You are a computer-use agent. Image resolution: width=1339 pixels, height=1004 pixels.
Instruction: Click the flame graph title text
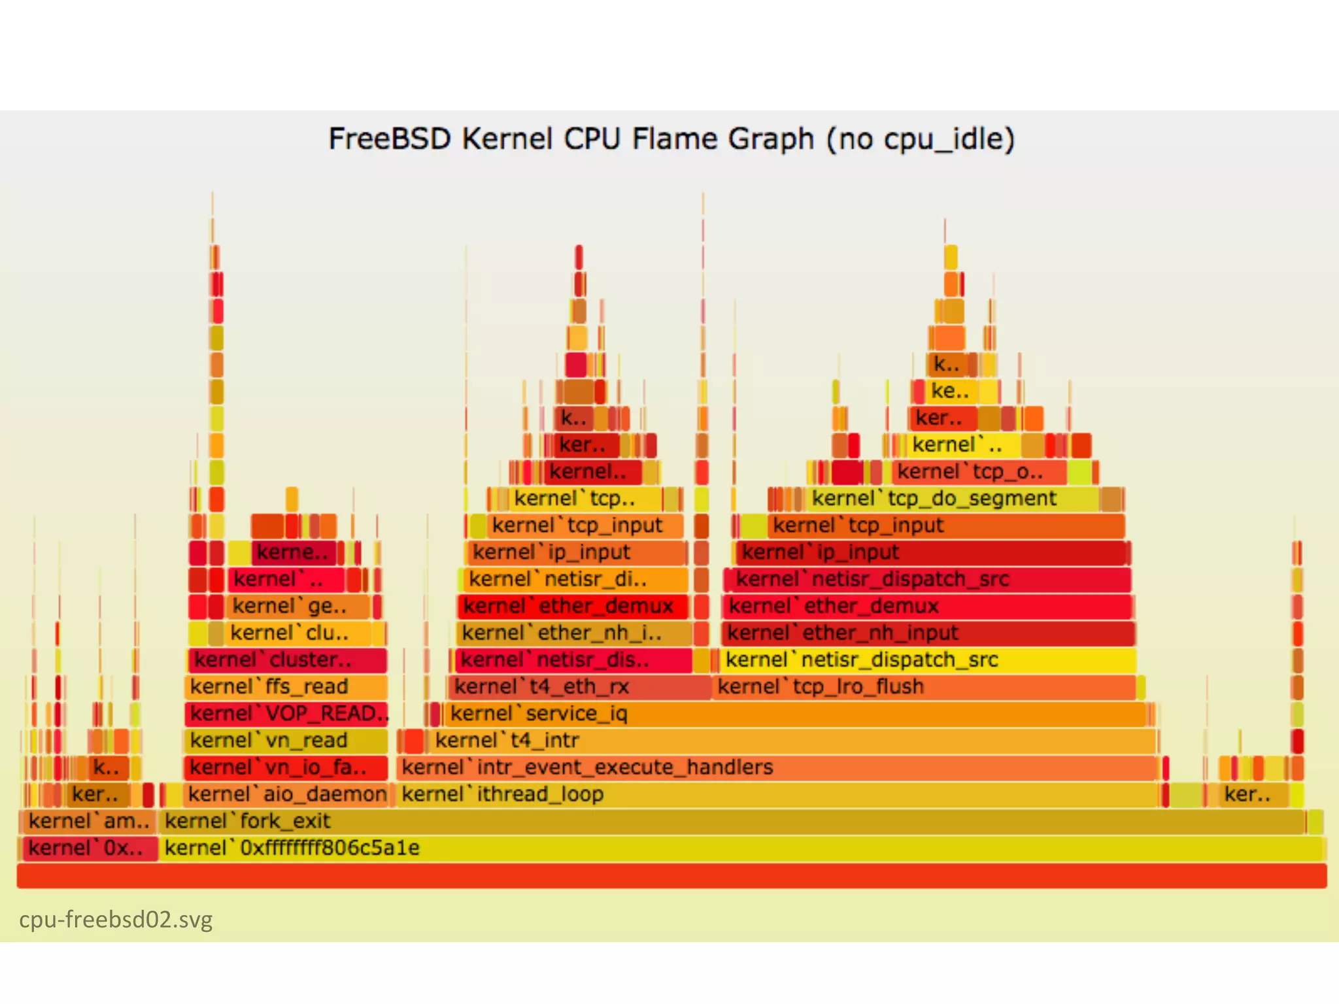click(671, 139)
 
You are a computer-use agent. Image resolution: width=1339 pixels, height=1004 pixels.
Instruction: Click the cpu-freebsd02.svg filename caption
click(116, 920)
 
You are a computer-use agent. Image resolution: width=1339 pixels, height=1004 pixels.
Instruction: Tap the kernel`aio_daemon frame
click(286, 794)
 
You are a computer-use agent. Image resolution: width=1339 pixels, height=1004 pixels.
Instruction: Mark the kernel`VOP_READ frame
click(286, 714)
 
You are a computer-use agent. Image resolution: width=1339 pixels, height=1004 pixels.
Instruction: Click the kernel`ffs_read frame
click(286, 687)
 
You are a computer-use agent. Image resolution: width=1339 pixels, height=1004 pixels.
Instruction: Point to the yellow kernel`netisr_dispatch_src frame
click(928, 660)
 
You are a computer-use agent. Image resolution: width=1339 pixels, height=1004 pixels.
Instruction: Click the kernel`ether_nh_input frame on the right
click(928, 633)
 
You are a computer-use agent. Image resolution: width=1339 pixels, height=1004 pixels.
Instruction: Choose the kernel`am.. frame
click(88, 821)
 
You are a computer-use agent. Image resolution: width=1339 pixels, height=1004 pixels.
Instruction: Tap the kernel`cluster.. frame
click(286, 660)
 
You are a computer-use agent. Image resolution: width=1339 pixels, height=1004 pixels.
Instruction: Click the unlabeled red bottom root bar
click(671, 876)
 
